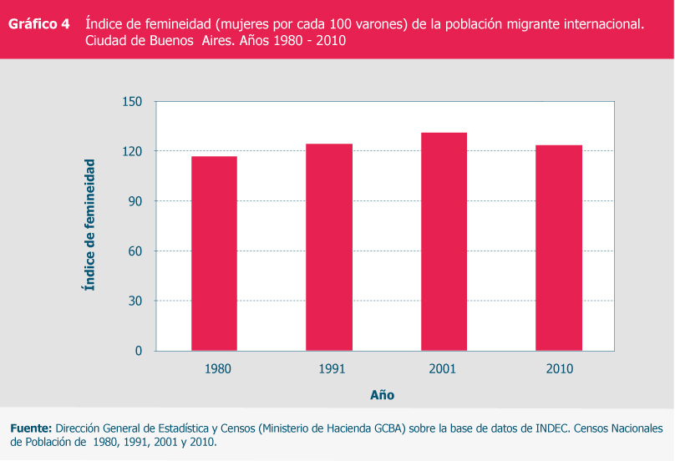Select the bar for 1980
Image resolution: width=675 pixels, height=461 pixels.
pos(214,253)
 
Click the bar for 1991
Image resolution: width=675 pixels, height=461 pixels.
pos(329,247)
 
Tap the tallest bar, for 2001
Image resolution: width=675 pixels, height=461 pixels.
pos(444,241)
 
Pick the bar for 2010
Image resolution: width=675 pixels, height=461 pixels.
pos(559,248)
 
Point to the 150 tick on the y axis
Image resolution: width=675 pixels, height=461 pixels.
pos(134,102)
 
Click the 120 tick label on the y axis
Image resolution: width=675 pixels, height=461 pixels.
pos(134,151)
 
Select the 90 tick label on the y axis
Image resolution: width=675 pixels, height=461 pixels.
pos(136,201)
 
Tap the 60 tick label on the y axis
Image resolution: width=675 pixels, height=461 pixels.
pos(136,251)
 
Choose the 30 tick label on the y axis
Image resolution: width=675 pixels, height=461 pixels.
pos(136,301)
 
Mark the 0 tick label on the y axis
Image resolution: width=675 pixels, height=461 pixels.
pos(140,351)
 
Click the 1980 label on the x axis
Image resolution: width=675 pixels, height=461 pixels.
pos(217,368)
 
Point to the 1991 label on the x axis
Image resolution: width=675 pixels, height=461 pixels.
pos(332,368)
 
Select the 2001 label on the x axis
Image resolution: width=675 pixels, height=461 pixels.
pos(444,368)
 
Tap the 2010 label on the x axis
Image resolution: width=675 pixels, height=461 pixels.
pos(559,368)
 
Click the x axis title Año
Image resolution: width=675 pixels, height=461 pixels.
pos(383,395)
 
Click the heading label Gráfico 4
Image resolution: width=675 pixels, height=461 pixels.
pos(38,24)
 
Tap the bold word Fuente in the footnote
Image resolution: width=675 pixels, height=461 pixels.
pos(31,428)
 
